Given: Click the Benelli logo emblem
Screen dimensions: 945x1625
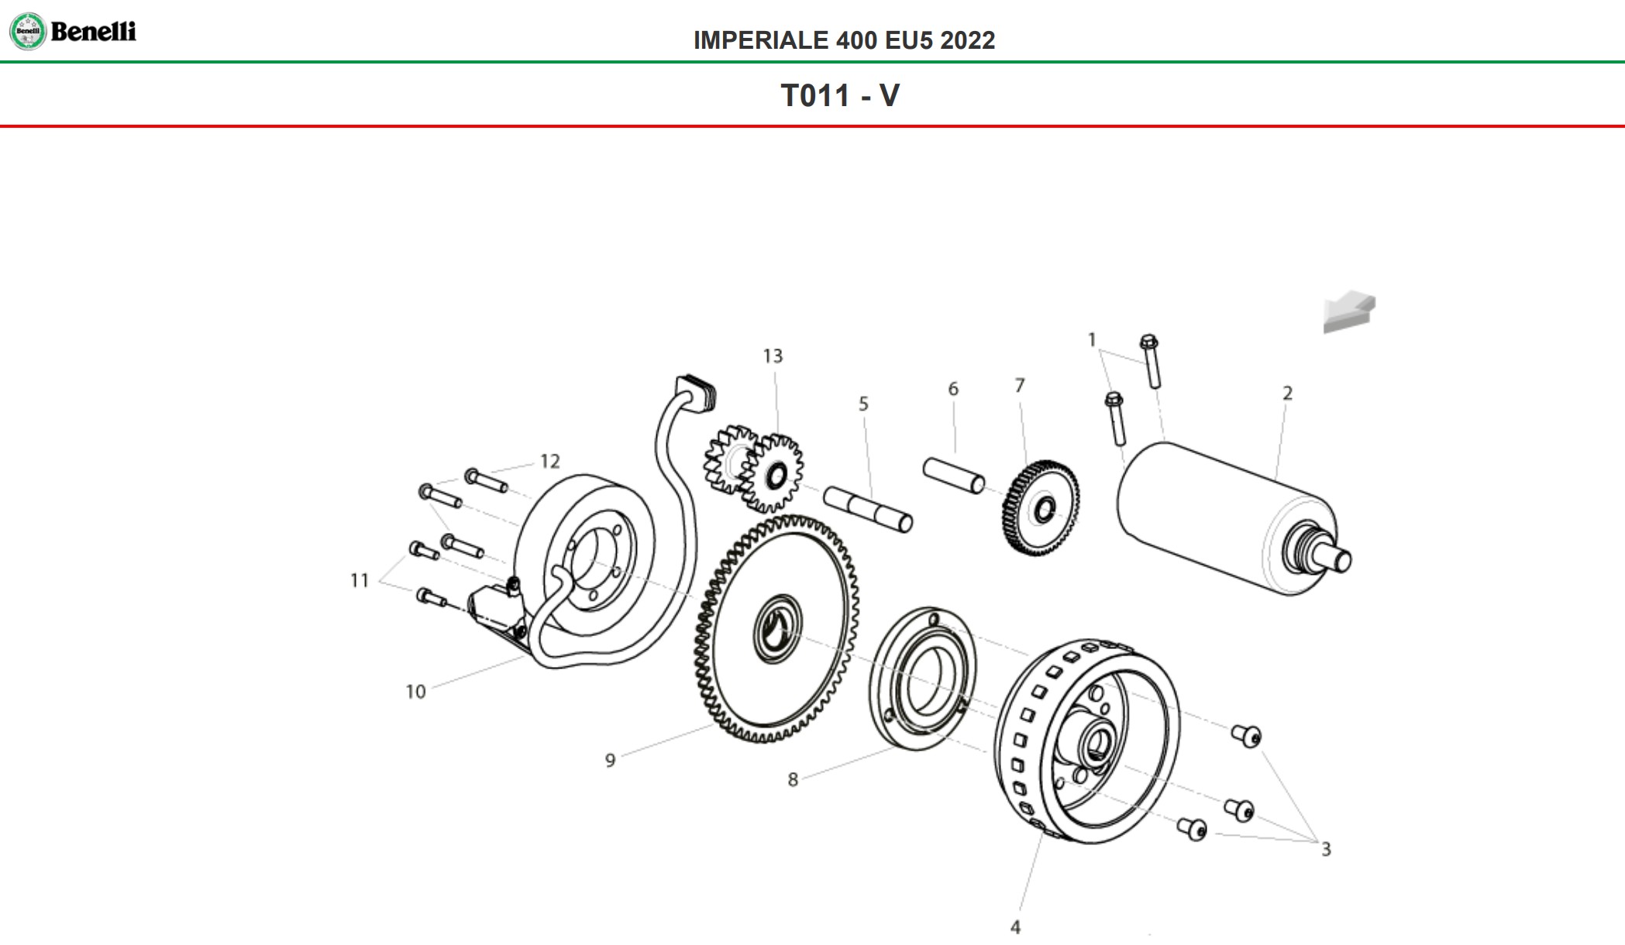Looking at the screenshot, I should coord(28,32).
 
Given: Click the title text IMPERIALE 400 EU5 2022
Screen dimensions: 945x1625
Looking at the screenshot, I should coord(844,40).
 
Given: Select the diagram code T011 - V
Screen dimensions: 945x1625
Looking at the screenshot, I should coord(840,96).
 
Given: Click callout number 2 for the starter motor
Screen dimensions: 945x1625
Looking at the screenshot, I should coord(1287,393).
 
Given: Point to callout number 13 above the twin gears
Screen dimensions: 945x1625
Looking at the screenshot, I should coord(773,356).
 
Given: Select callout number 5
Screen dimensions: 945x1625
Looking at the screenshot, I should coord(863,404).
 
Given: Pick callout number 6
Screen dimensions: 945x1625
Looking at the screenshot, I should coord(953,389).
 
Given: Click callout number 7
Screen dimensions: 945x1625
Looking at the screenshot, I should coord(1020,386).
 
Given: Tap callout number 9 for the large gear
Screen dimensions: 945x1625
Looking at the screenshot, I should coord(610,761).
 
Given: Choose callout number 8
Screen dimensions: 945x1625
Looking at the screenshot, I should coord(793,780).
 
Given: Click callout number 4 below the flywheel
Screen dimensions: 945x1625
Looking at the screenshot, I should coord(1015,927).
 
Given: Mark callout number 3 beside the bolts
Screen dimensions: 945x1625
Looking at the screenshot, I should coord(1326,850).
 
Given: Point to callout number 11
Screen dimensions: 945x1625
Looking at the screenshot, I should coord(360,580).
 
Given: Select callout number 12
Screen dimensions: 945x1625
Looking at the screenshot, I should coord(549,462).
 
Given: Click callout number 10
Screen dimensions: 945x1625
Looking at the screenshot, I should coord(415,692).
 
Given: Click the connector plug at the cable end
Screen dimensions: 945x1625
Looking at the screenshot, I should coord(696,392).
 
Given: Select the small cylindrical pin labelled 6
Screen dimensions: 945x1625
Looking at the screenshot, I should coord(953,475).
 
